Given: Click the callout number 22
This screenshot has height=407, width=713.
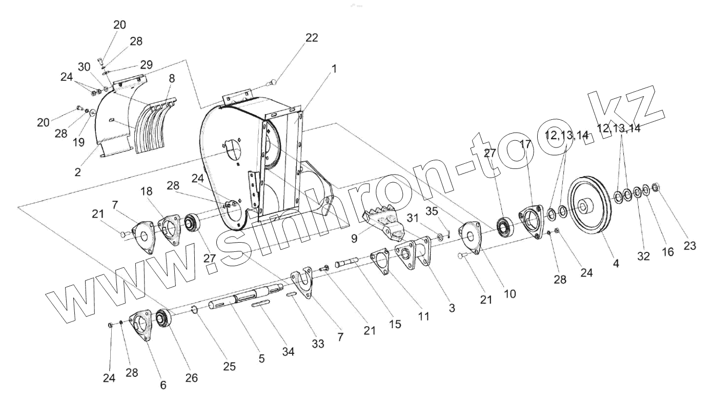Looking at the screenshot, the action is point(311,38).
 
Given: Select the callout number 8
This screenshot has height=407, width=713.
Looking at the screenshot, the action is point(171,79).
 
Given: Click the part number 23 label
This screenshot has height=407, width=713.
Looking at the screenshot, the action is point(689,246).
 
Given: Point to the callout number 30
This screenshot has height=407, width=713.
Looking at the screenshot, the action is point(84,67).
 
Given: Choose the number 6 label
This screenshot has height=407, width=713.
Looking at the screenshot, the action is point(163,385).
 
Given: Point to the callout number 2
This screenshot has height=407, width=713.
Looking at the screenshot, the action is point(77,173).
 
